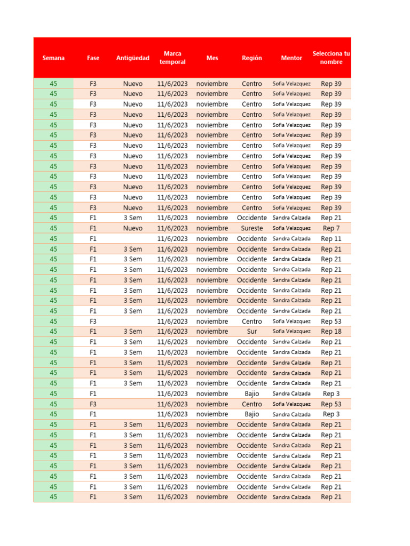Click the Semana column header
point(53,58)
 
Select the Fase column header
point(93,58)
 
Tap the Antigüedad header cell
point(133,58)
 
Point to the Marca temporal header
point(172,58)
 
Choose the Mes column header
point(212,58)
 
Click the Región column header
point(252,58)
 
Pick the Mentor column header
point(291,58)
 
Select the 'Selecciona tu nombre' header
point(331,58)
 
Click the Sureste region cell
point(252,228)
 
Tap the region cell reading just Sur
point(252,332)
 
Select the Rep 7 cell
point(331,228)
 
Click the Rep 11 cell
point(331,239)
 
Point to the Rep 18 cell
point(331,332)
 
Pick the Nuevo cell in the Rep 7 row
point(133,228)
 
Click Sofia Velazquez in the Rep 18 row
point(291,332)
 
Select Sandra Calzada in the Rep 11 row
point(291,239)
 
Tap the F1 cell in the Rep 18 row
point(93,332)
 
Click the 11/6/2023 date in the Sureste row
point(172,228)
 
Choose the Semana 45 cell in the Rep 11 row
point(53,239)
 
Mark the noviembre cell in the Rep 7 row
point(212,228)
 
